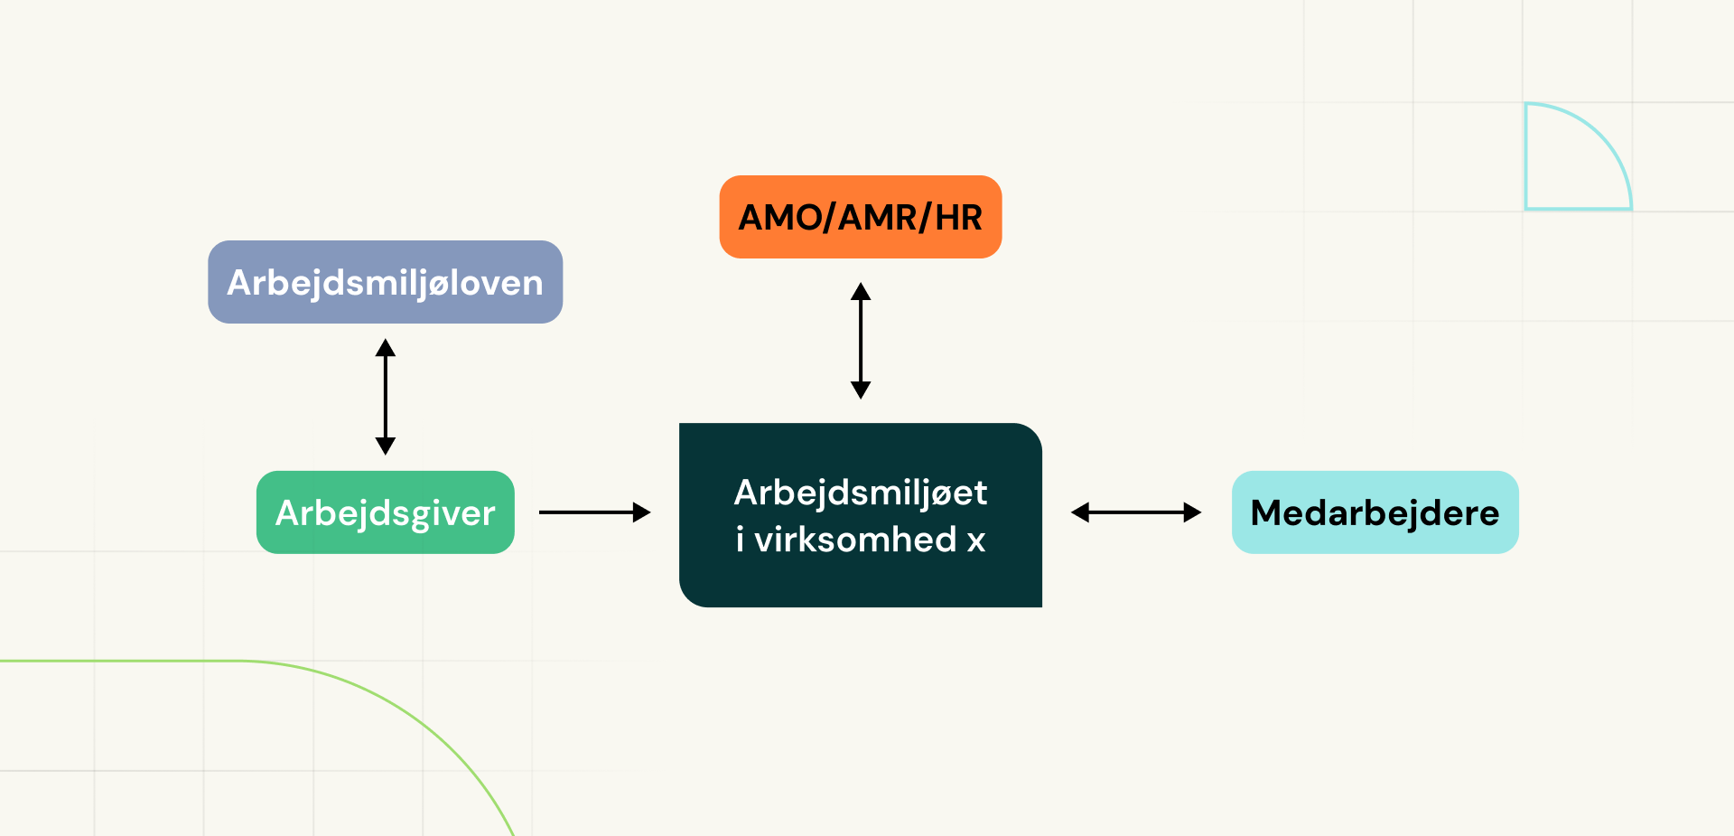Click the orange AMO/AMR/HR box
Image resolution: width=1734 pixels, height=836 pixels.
tap(860, 217)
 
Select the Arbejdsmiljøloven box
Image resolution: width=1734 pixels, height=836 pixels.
tap(385, 282)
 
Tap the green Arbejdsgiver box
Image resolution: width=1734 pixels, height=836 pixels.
tap(385, 512)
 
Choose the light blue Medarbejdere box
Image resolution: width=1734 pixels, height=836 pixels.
tap(1375, 512)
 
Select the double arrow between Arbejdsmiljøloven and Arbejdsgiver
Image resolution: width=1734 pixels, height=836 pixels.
tap(386, 397)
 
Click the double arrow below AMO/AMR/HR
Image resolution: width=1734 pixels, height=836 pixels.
tap(861, 341)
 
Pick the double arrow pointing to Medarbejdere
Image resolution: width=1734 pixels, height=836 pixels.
tap(1135, 512)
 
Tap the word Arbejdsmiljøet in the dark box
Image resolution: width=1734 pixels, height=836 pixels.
tap(860, 493)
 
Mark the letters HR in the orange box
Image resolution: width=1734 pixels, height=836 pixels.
tap(958, 218)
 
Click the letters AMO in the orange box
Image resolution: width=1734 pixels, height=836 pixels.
tap(780, 218)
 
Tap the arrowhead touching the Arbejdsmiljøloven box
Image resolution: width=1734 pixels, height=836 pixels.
tap(386, 348)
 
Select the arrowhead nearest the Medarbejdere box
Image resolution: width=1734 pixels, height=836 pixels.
tap(1192, 512)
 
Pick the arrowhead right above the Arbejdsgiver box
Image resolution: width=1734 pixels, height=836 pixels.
tap(386, 446)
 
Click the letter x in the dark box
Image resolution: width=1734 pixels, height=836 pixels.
tap(976, 540)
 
